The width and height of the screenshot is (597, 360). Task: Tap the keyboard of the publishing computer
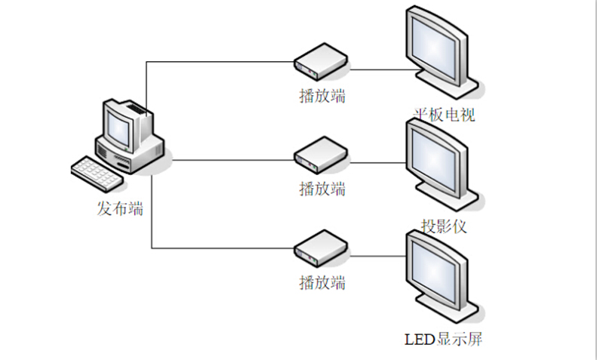point(96,173)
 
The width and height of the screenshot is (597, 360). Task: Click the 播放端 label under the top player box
point(322,97)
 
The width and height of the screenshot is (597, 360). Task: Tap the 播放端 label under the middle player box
point(322,188)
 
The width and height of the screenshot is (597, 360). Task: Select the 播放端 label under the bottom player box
point(322,283)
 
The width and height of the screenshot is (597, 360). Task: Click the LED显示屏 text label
point(443,339)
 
